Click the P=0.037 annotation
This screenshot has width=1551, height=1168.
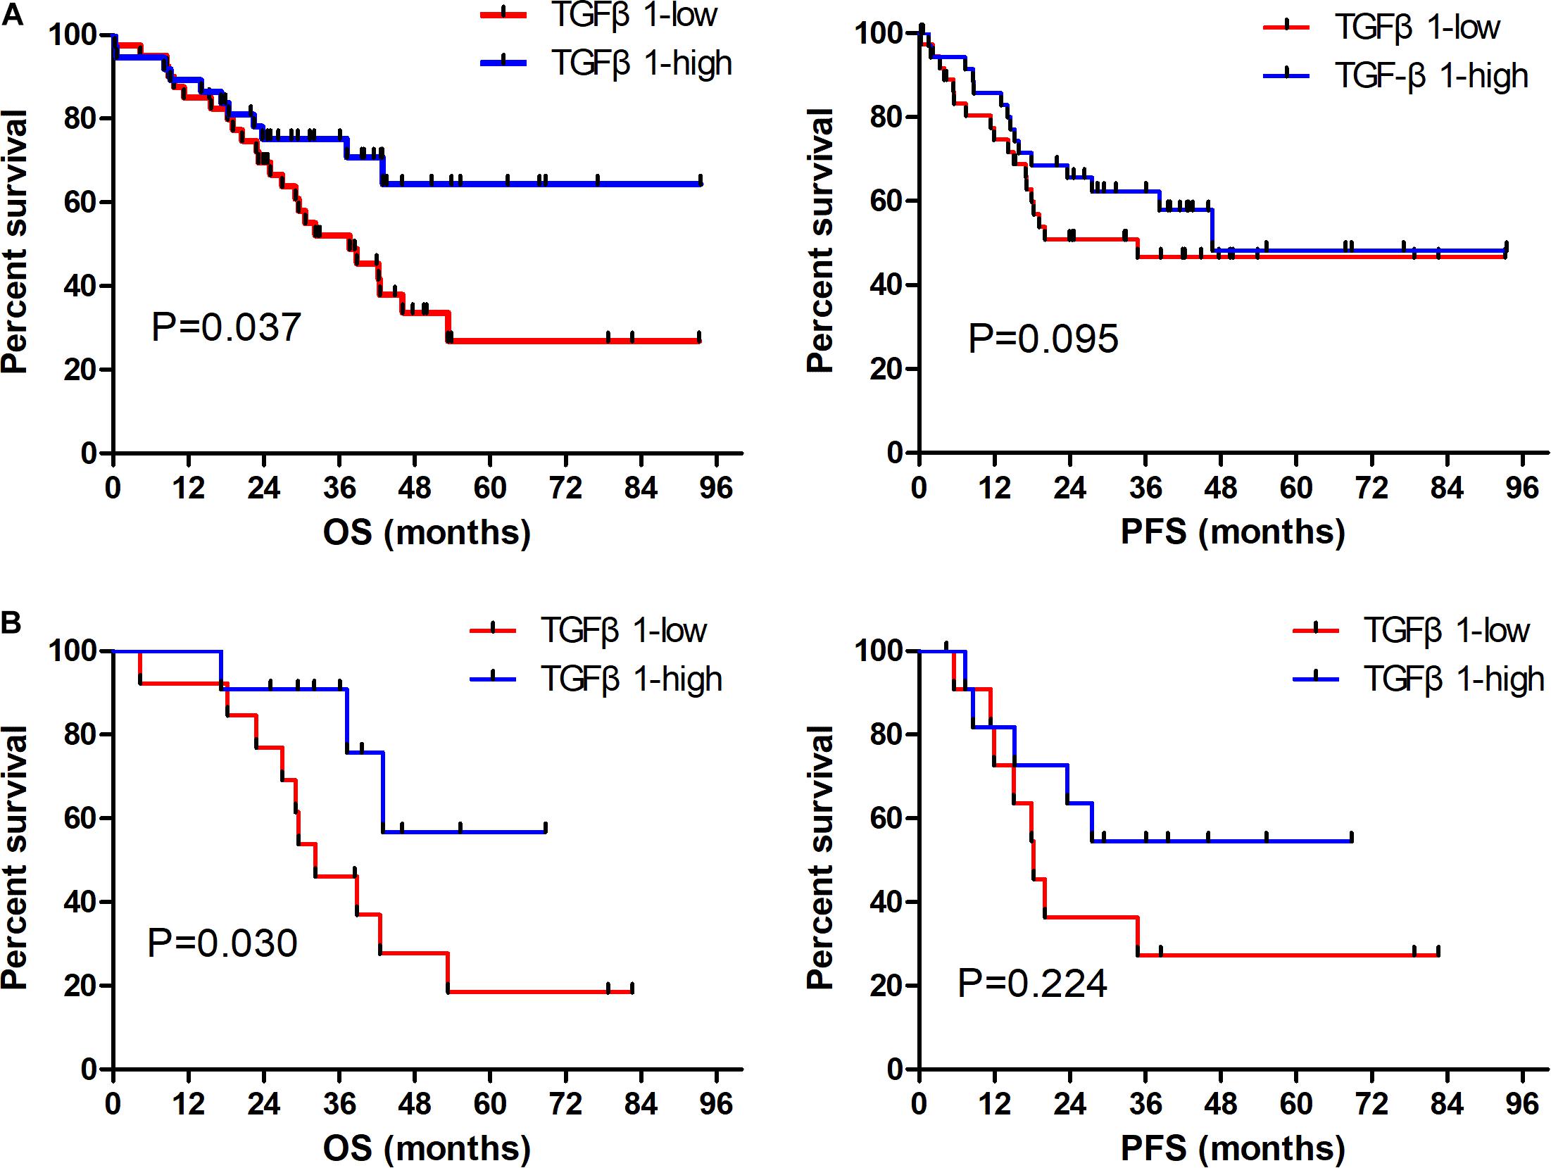pos(226,327)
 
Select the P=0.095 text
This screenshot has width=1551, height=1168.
pos(1043,339)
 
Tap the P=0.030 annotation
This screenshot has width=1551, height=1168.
pos(222,943)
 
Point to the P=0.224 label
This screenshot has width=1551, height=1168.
pos(1032,983)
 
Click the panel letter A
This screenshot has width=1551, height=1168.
pos(12,14)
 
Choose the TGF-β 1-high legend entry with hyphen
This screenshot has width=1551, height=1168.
pos(1432,76)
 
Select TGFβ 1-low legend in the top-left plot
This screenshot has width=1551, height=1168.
pos(634,15)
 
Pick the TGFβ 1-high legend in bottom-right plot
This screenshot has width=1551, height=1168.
pos(1455,679)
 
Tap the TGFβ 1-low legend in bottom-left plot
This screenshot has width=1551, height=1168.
pos(624,630)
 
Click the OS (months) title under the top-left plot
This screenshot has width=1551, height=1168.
pos(427,532)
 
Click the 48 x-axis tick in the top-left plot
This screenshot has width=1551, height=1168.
pos(414,488)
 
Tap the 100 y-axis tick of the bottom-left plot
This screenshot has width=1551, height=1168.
pos(74,651)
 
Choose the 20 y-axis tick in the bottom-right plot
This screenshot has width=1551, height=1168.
pos(887,986)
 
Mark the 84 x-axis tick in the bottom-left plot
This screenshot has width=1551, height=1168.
pos(640,1104)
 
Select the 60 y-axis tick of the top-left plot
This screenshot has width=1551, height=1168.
pos(81,202)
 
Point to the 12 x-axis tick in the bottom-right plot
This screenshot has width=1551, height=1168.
pos(994,1104)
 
